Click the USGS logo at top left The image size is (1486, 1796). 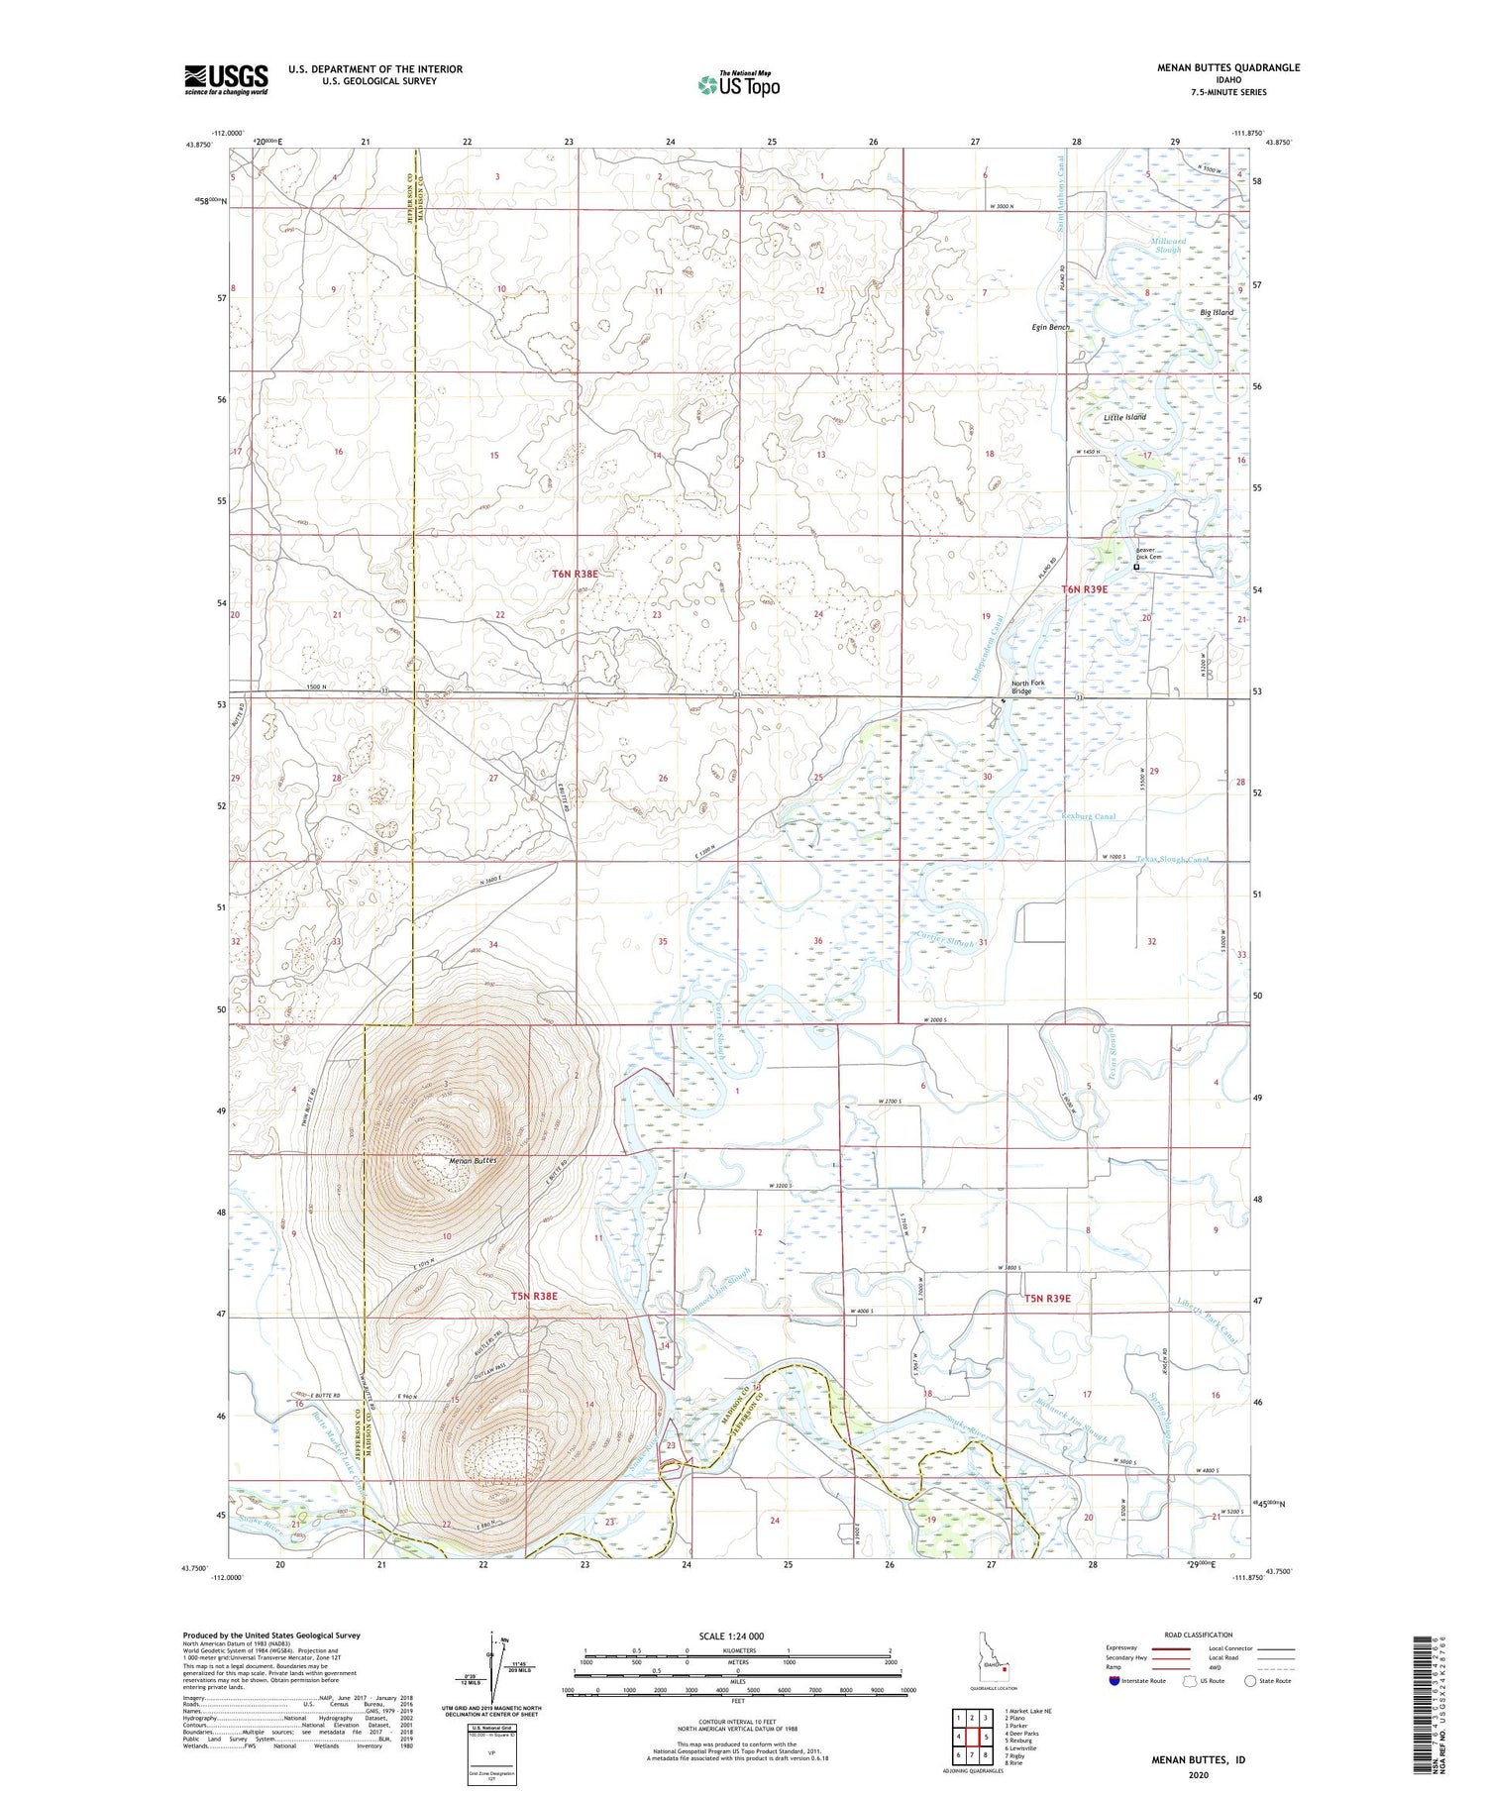[x=226, y=79]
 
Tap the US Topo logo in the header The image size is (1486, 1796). [x=738, y=85]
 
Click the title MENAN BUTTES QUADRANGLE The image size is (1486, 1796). [x=1228, y=68]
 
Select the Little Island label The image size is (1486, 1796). [x=1124, y=417]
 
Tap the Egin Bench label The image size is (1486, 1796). [x=1051, y=327]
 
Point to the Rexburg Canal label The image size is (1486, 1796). [x=1088, y=816]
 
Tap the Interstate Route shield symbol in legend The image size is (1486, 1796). [x=1115, y=1681]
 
